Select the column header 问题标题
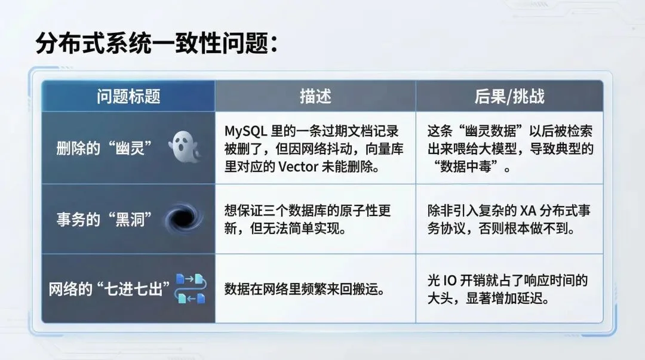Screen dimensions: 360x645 tap(128, 97)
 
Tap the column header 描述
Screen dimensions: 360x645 tap(315, 97)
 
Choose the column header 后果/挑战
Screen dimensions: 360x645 tap(509, 97)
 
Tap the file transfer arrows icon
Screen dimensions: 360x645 tap(191, 288)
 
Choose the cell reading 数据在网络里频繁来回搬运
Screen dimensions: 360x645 tap(303, 290)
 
